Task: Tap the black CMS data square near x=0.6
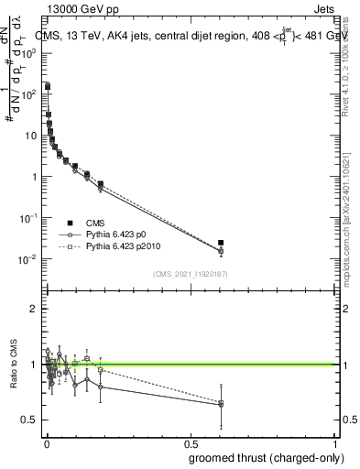221,243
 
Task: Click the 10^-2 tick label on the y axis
30,259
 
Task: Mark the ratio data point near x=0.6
221,403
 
